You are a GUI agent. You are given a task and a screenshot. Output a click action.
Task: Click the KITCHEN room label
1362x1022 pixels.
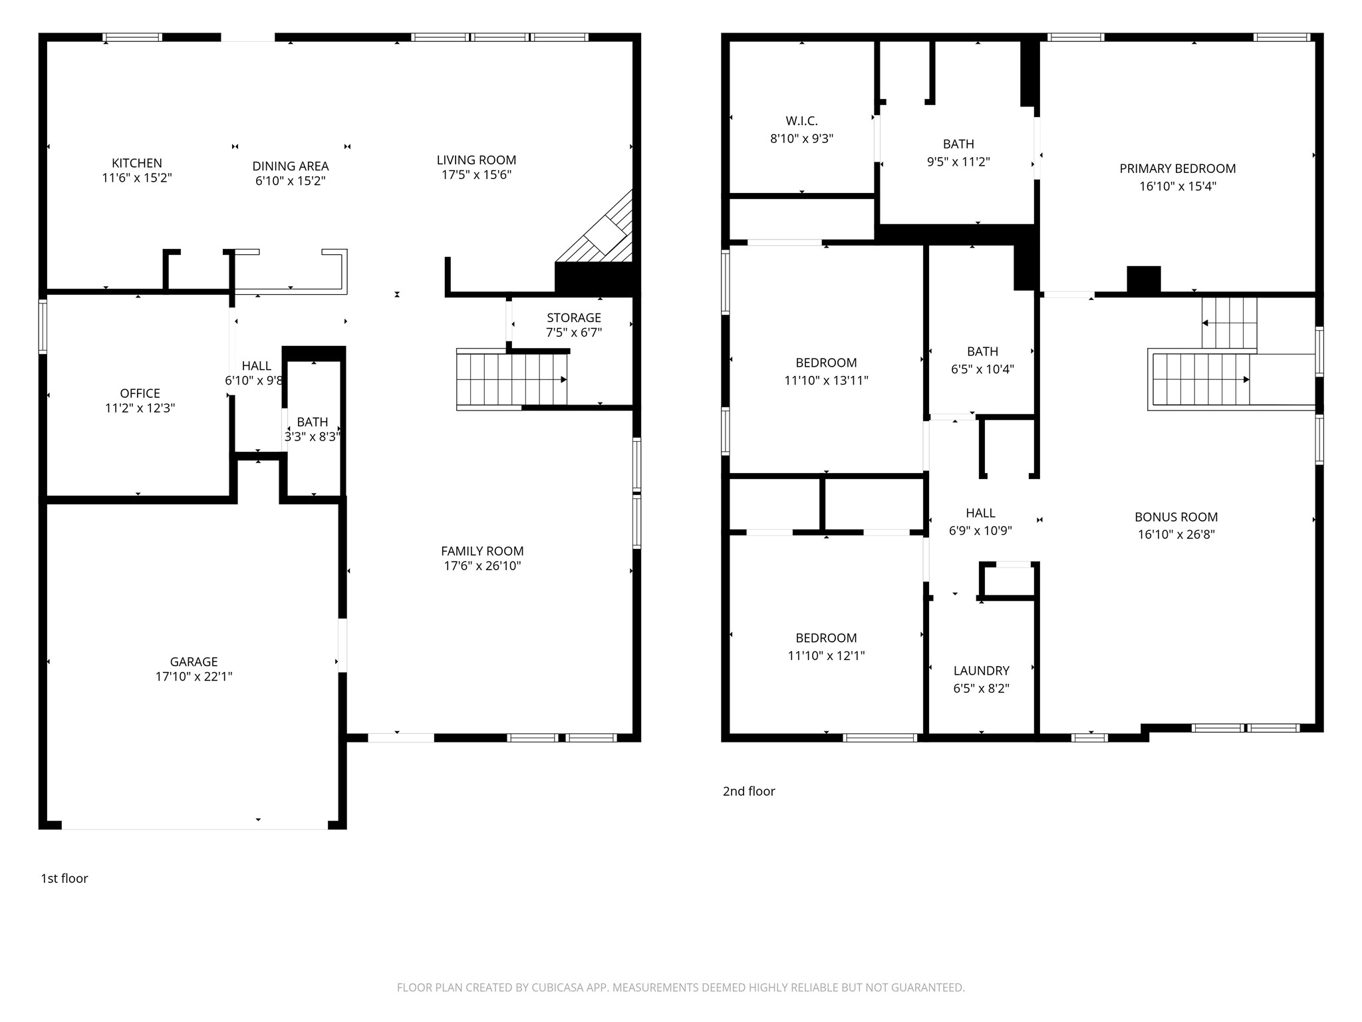pyautogui.click(x=137, y=163)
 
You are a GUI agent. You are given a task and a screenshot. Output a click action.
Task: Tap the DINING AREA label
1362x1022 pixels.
pyautogui.click(x=291, y=166)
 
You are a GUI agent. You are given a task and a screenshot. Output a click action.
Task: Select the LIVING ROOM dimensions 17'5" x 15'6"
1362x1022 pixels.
pyautogui.click(x=477, y=175)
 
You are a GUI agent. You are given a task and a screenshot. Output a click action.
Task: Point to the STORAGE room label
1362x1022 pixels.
pyautogui.click(x=574, y=318)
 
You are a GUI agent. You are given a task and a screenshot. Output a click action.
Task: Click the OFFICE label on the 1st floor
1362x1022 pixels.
pyautogui.click(x=140, y=393)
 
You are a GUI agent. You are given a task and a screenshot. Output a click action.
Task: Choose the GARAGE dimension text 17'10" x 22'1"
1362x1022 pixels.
pyautogui.click(x=194, y=677)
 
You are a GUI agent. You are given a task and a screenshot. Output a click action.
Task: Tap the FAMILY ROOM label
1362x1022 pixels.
pyautogui.click(x=482, y=551)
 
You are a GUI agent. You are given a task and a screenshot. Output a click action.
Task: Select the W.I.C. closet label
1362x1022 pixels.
pyautogui.click(x=802, y=121)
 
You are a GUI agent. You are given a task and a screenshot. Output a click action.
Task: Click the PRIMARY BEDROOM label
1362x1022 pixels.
pyautogui.click(x=1178, y=169)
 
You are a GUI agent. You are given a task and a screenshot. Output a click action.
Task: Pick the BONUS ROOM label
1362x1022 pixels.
pyautogui.click(x=1176, y=517)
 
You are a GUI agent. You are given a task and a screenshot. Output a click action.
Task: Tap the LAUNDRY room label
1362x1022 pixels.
pyautogui.click(x=982, y=671)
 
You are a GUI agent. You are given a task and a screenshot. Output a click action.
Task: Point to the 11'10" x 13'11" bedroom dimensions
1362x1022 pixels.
pyautogui.click(x=827, y=381)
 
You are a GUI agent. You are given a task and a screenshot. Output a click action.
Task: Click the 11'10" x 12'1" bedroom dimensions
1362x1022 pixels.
pyautogui.click(x=827, y=655)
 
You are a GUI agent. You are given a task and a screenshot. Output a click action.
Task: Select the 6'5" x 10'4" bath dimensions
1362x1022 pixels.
pyautogui.click(x=982, y=369)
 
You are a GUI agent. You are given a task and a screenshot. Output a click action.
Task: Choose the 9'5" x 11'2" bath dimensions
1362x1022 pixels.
pyautogui.click(x=959, y=162)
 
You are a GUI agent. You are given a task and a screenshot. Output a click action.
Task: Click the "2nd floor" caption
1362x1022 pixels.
pyautogui.click(x=749, y=791)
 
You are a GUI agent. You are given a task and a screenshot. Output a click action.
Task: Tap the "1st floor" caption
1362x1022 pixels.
pyautogui.click(x=65, y=878)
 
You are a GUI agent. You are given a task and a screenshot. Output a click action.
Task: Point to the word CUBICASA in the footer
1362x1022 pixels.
pyautogui.click(x=558, y=987)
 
